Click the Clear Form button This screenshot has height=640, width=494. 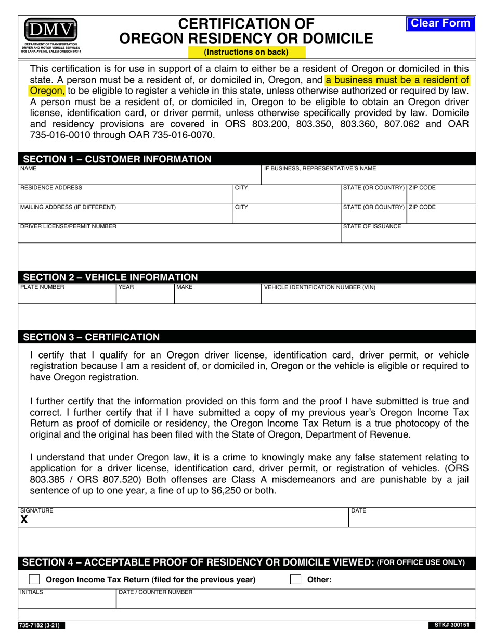click(x=440, y=23)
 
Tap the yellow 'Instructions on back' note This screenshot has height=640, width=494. click(x=246, y=52)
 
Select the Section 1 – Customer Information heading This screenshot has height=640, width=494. click(x=118, y=159)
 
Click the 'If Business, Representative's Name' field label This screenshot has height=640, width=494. click(x=320, y=169)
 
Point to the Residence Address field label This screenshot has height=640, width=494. click(x=51, y=188)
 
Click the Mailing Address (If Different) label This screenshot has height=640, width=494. click(x=68, y=207)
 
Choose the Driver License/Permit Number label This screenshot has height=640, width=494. click(x=68, y=226)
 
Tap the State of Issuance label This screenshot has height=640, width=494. click(x=372, y=226)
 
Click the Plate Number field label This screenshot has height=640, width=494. click(x=42, y=287)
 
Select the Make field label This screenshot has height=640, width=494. click(x=184, y=287)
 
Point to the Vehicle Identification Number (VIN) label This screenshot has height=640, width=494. click(x=320, y=287)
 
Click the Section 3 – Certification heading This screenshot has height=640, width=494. click(x=92, y=337)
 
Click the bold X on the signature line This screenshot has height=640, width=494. click(x=24, y=519)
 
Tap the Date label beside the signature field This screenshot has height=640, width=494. click(x=359, y=511)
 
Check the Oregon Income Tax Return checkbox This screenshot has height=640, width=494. click(x=34, y=580)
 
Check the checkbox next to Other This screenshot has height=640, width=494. click(x=295, y=580)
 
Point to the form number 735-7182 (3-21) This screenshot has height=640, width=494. click(x=42, y=625)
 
